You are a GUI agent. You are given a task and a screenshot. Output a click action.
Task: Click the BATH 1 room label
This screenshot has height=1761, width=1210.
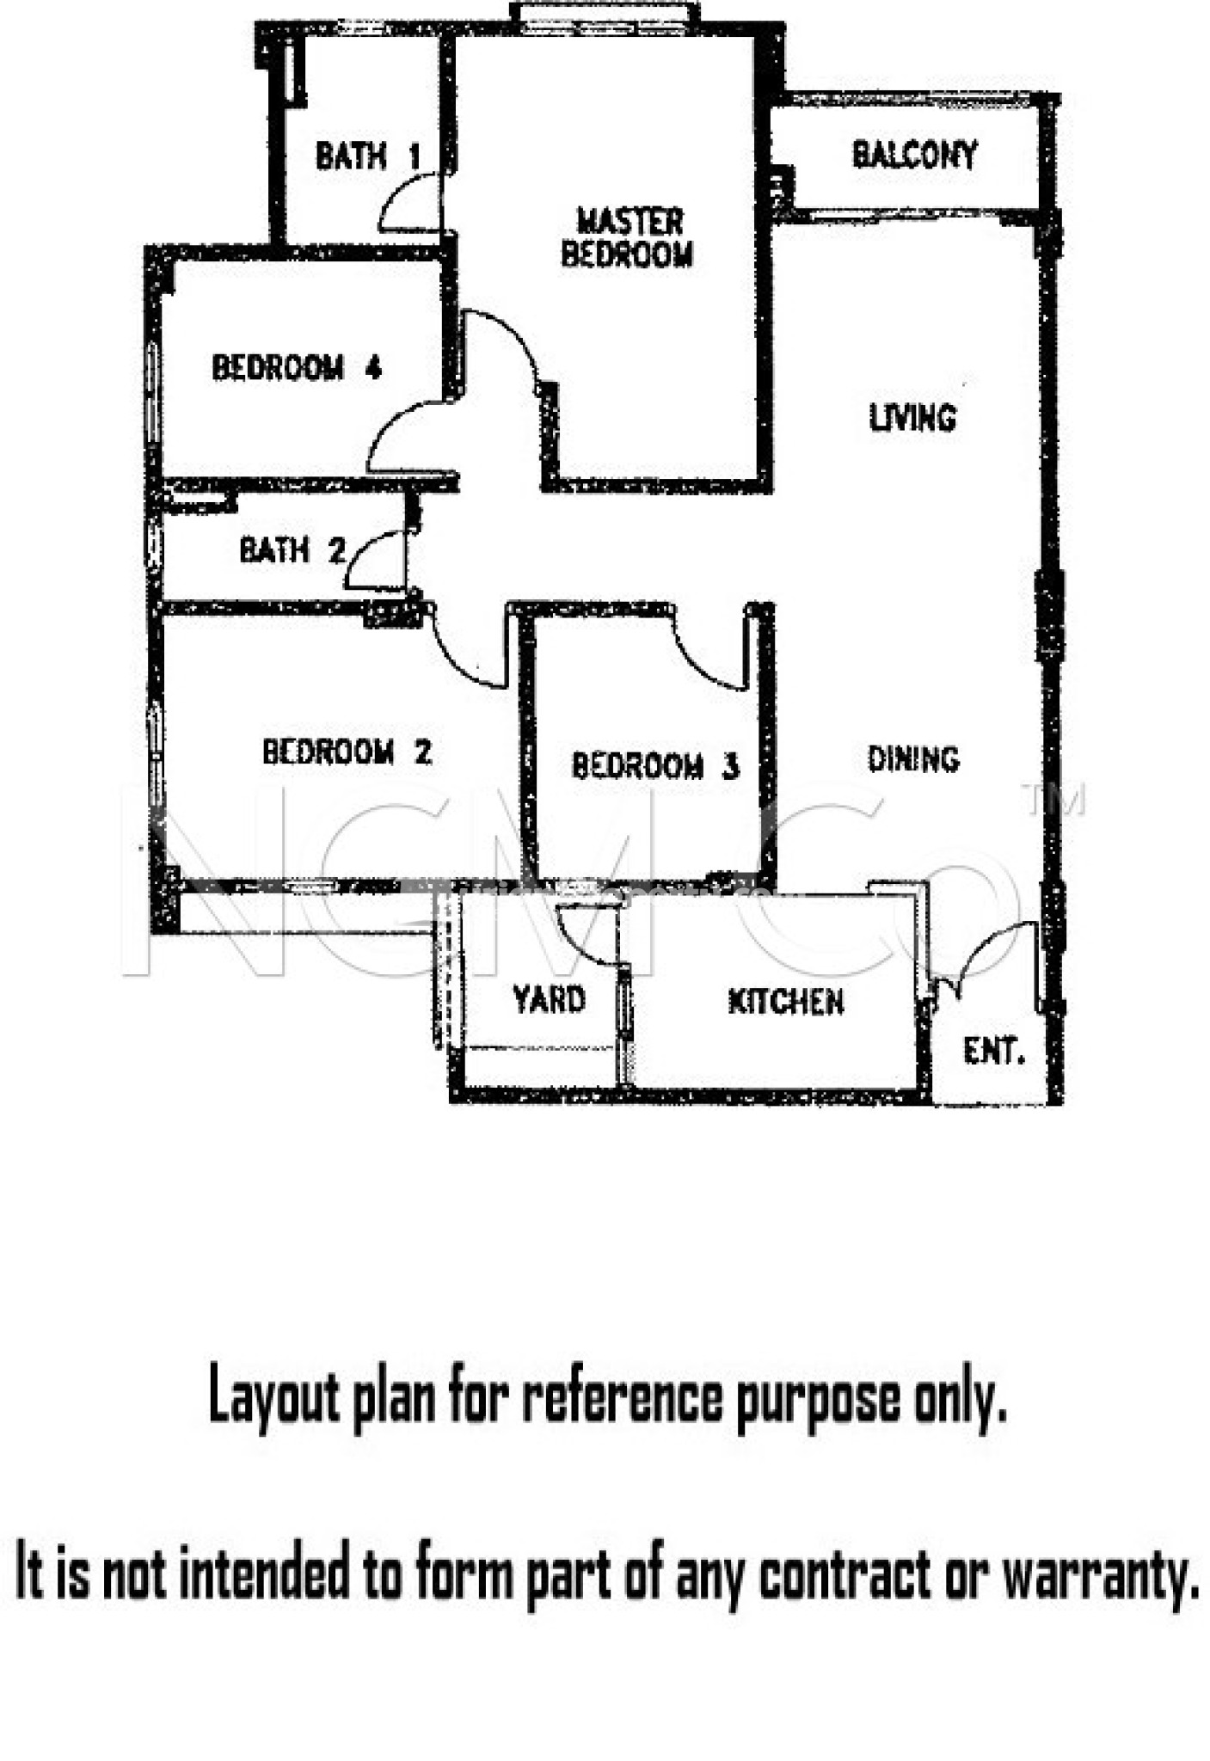click(368, 156)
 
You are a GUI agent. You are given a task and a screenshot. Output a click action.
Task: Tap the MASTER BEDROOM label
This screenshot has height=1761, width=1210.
click(628, 237)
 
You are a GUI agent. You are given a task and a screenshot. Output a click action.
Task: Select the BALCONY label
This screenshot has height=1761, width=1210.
click(914, 155)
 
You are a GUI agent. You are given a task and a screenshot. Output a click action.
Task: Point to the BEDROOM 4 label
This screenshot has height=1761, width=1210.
click(296, 368)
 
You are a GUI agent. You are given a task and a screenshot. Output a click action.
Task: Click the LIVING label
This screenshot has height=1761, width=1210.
click(912, 418)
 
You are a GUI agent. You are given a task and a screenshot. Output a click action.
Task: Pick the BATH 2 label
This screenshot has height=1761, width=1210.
click(292, 550)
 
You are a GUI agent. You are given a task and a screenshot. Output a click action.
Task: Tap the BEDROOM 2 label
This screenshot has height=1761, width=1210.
click(347, 752)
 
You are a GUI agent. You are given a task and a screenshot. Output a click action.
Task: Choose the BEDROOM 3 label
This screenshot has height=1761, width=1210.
click(654, 765)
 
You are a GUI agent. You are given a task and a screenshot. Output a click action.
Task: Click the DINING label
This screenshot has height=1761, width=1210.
click(913, 759)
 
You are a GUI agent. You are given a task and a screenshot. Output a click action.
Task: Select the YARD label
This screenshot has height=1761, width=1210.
click(549, 1000)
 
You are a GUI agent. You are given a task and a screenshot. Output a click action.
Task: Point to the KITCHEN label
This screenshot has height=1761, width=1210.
click(785, 1002)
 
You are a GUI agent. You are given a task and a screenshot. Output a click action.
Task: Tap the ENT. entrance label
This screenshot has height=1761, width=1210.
click(993, 1051)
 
